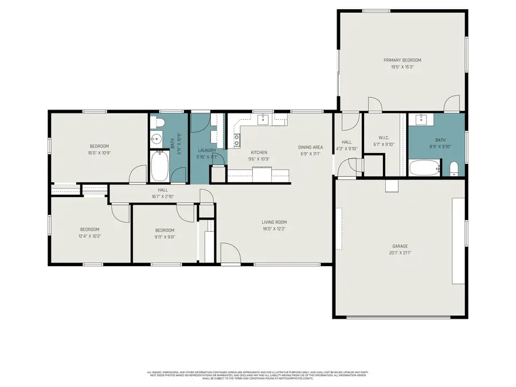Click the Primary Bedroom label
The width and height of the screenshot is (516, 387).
tap(402, 60)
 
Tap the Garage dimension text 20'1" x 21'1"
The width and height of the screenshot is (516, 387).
tap(400, 252)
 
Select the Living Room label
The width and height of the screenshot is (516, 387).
tap(274, 222)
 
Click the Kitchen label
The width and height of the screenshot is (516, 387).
tap(259, 152)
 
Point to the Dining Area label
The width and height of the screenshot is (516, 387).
tap(311, 147)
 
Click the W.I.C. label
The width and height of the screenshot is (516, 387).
tap(384, 137)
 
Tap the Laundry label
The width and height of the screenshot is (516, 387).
tap(207, 150)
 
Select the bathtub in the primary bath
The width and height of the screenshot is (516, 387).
tap(425, 168)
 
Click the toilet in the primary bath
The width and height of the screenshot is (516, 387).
tap(455, 168)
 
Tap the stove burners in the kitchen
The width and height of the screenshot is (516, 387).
tap(236, 137)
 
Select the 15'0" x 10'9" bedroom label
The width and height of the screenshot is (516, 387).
tap(99, 146)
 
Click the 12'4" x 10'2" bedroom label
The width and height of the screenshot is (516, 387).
tap(90, 229)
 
